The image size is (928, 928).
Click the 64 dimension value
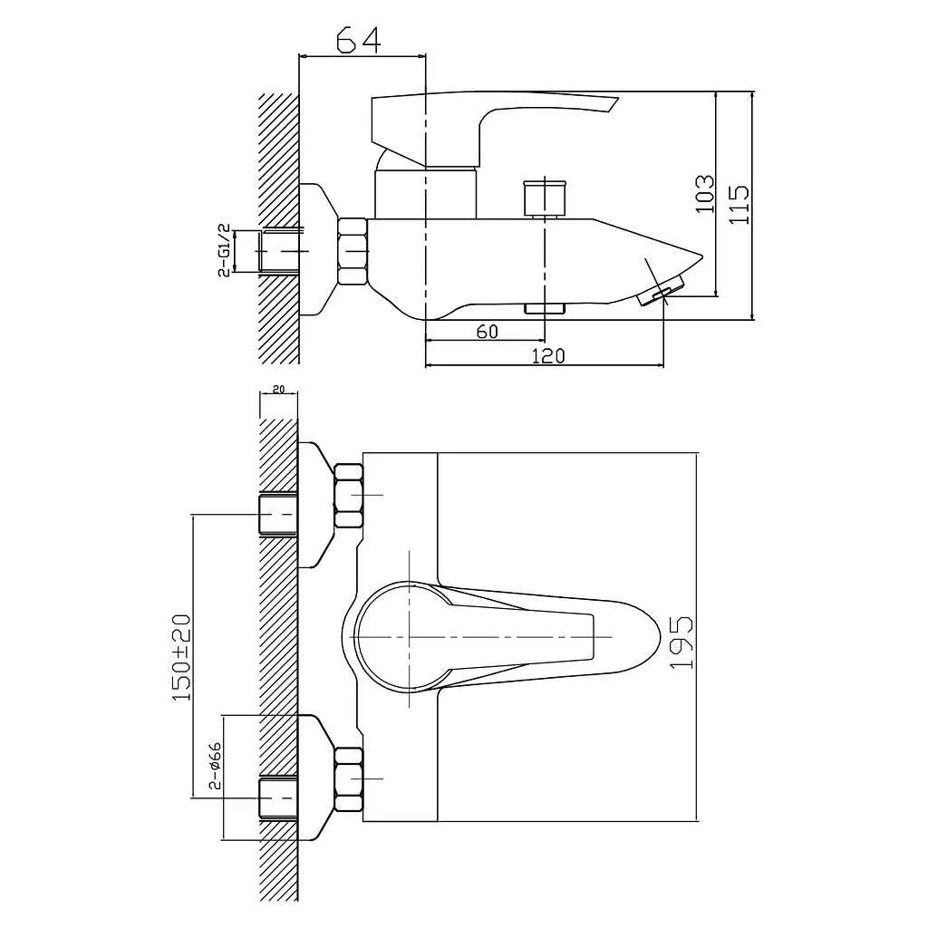(x=359, y=41)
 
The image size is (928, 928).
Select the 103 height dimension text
(x=704, y=194)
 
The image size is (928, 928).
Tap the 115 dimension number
(x=739, y=205)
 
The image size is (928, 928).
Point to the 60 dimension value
(x=487, y=332)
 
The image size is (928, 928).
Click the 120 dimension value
(x=548, y=355)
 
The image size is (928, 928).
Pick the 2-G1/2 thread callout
(x=224, y=250)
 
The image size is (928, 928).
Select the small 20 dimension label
(x=278, y=389)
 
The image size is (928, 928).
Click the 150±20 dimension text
(x=181, y=658)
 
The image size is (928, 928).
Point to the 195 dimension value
(x=681, y=643)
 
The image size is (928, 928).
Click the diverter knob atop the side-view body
(x=544, y=198)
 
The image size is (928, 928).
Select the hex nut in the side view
(x=353, y=252)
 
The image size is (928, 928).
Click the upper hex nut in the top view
(x=349, y=496)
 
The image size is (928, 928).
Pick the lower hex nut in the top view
(x=349, y=778)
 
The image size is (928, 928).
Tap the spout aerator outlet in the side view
(x=661, y=290)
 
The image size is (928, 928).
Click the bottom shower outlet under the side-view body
(x=545, y=308)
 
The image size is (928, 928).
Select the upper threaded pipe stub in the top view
(x=277, y=515)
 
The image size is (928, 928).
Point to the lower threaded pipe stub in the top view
(x=277, y=798)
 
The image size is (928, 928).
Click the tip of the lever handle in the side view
(x=616, y=100)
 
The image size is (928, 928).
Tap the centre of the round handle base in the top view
(x=409, y=637)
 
